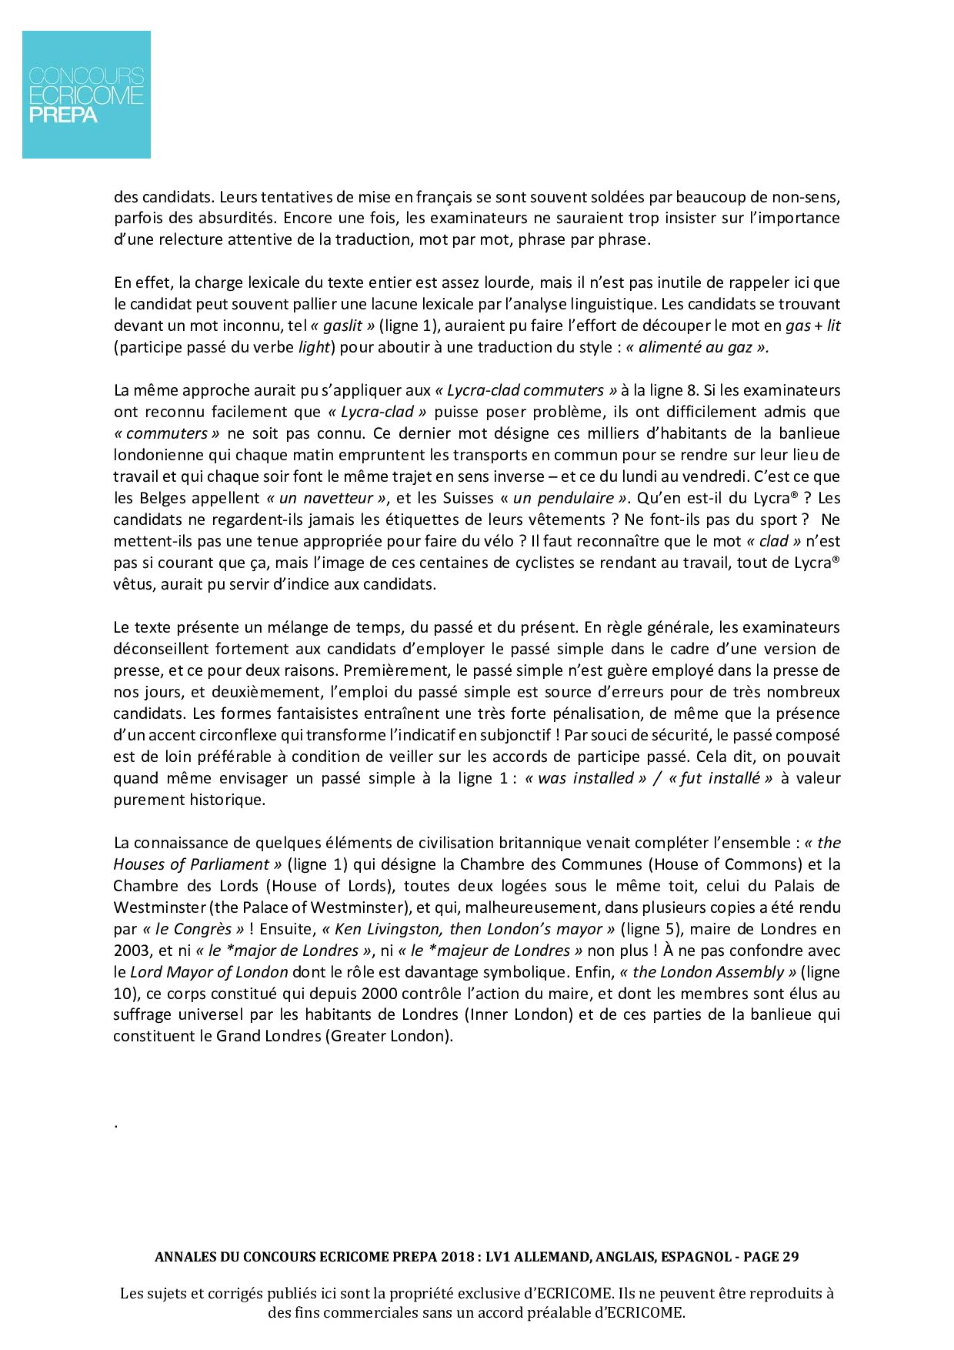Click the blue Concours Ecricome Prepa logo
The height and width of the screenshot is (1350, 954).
pyautogui.click(x=86, y=95)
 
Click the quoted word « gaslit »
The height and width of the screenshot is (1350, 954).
pyautogui.click(x=342, y=326)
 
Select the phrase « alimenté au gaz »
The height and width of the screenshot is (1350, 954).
pyautogui.click(x=697, y=347)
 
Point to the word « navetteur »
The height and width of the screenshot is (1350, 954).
pyautogui.click(x=327, y=498)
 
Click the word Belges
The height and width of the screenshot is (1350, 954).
pyautogui.click(x=165, y=498)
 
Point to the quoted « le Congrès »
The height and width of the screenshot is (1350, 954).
pyautogui.click(x=194, y=929)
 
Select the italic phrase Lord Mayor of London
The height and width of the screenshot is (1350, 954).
pyautogui.click(x=209, y=972)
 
